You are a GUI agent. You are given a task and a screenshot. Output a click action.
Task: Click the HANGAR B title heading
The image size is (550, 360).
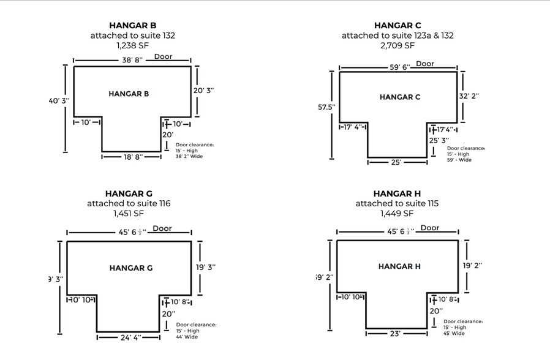[132, 25]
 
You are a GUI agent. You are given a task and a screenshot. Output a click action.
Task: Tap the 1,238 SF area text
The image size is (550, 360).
[132, 45]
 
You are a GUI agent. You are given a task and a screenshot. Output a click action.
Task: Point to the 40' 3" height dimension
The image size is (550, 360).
[59, 100]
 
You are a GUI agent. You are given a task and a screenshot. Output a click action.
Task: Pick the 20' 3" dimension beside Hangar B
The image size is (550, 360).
[203, 90]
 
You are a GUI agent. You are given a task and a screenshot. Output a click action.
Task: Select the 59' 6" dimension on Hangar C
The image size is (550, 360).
[399, 67]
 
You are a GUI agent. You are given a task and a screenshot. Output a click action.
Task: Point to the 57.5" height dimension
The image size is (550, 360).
[326, 107]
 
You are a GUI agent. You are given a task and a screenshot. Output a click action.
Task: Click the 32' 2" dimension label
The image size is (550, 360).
[469, 96]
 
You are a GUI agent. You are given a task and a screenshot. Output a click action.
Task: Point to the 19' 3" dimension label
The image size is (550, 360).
[205, 267]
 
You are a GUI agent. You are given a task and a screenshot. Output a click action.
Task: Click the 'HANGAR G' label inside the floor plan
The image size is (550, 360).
[131, 268]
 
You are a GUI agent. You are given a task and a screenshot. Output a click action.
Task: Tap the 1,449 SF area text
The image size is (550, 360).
[397, 214]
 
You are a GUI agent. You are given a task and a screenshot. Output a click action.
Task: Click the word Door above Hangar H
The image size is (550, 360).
[430, 228]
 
